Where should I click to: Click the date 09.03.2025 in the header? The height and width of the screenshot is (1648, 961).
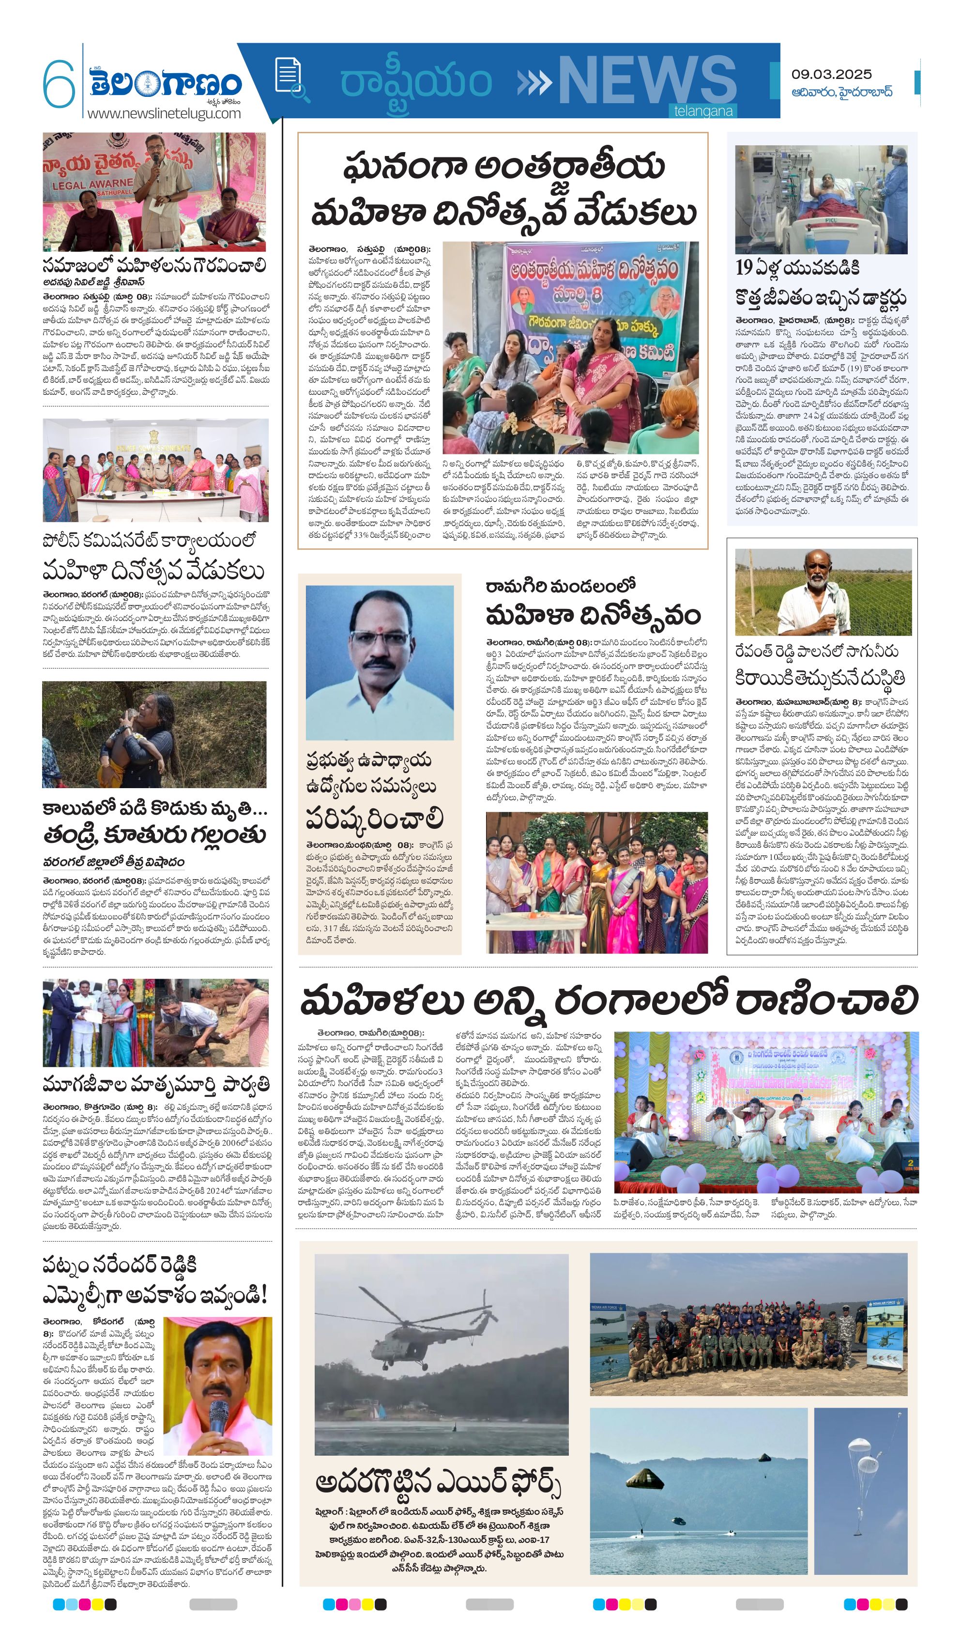[831, 75]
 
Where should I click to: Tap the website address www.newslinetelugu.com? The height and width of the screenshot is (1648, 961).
[164, 113]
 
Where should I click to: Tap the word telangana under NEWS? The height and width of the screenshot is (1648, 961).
[703, 111]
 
